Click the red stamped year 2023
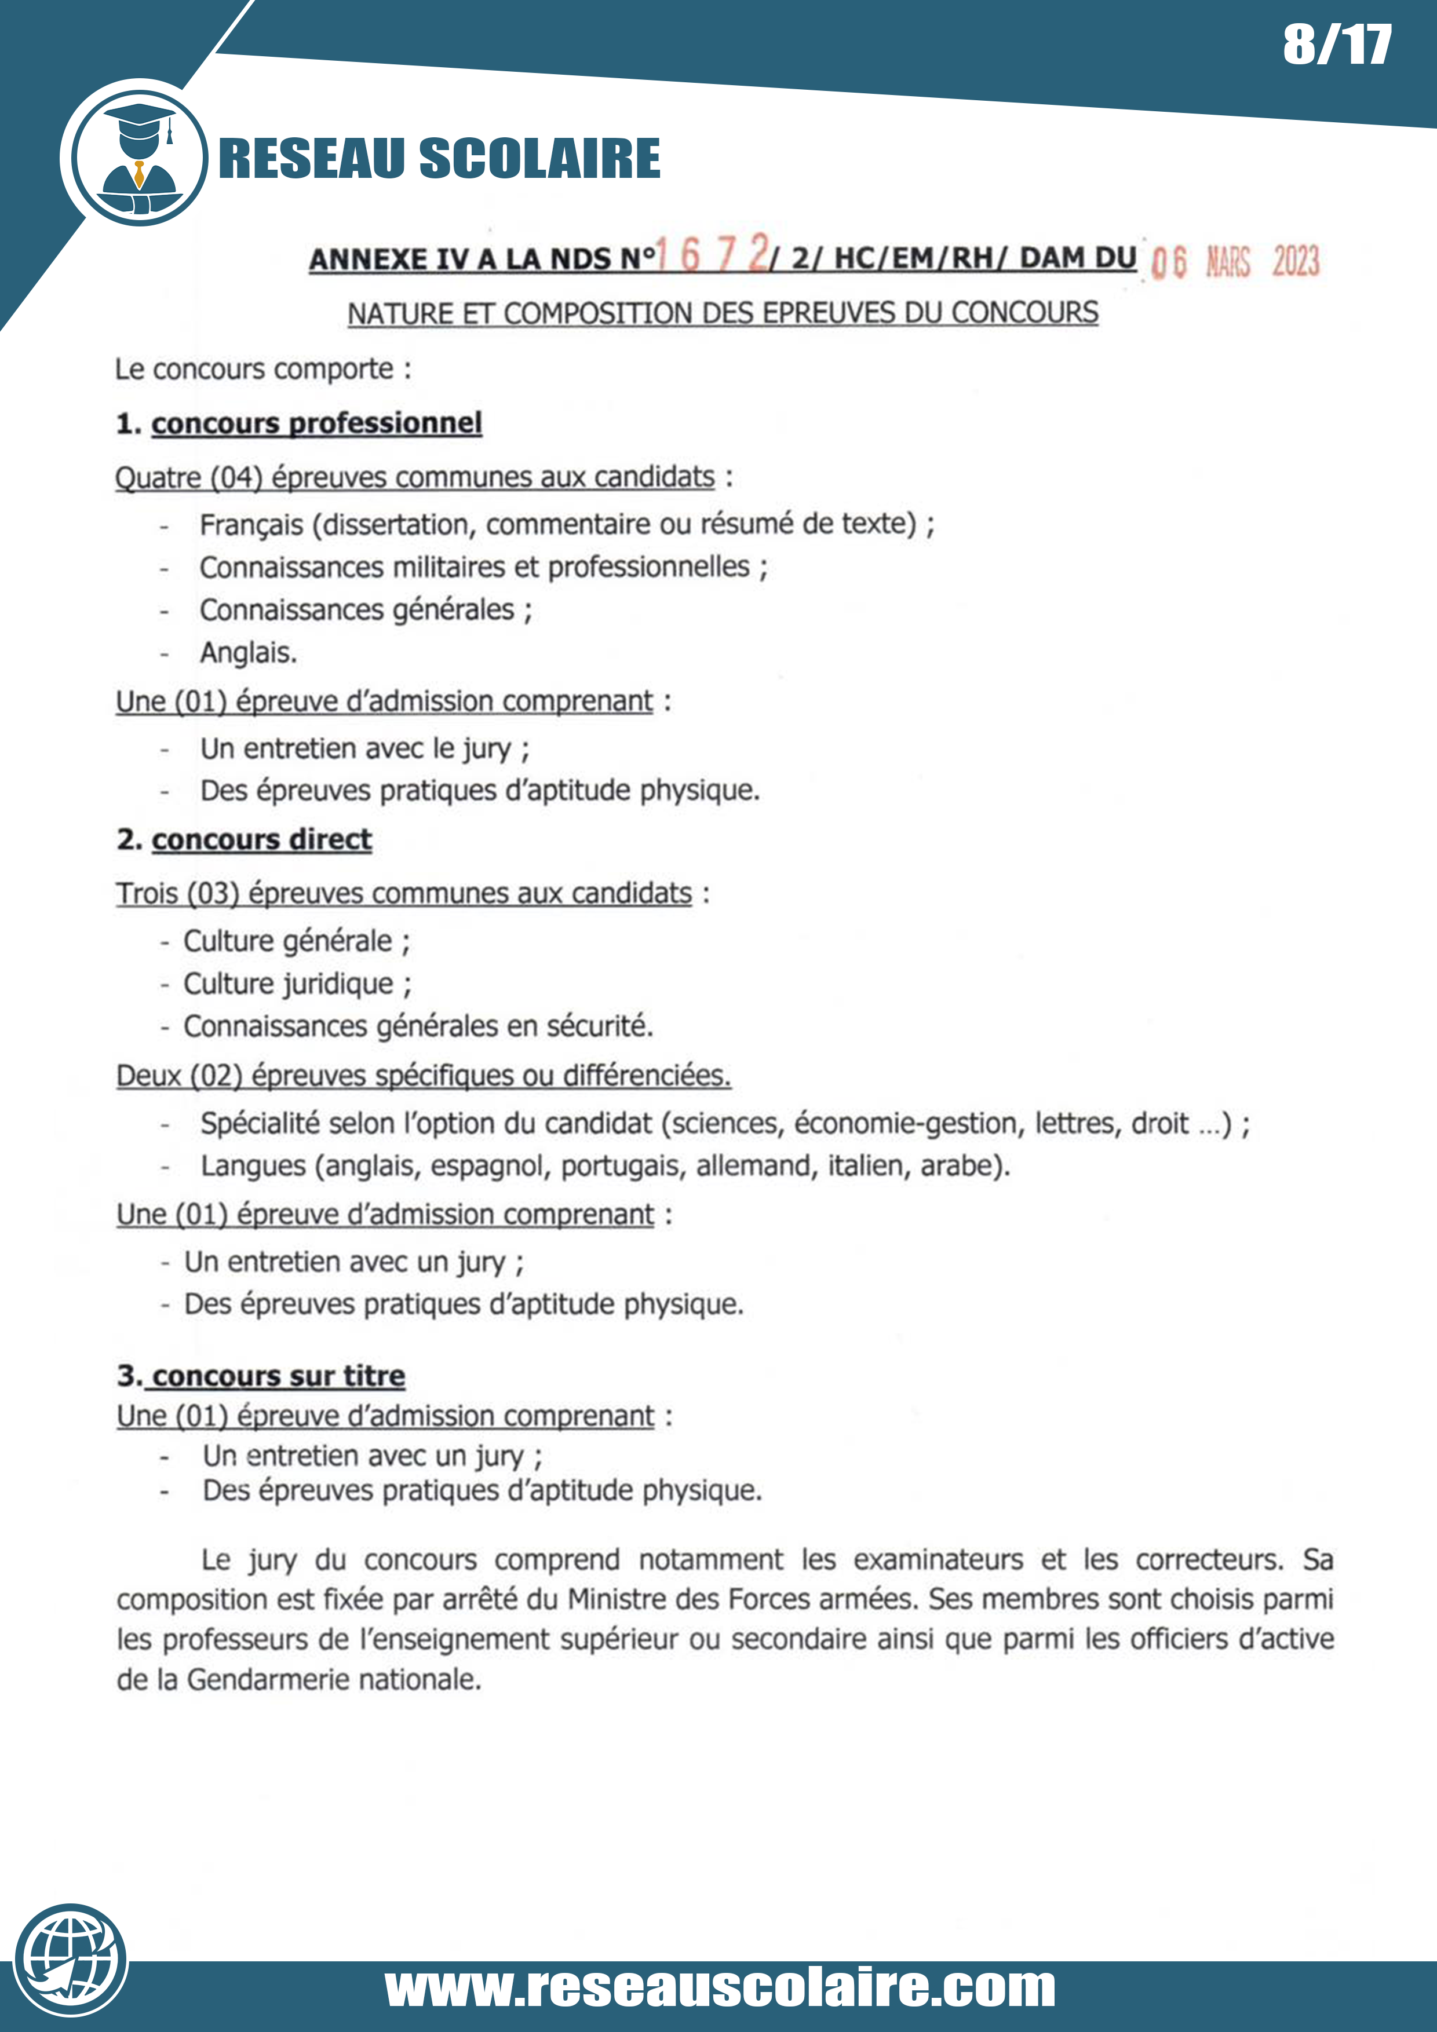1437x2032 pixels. click(x=1296, y=262)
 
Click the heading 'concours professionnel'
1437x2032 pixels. click(x=316, y=423)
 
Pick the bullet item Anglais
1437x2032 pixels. click(x=248, y=653)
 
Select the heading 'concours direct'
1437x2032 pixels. click(x=261, y=839)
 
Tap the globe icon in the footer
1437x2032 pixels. click(x=71, y=1960)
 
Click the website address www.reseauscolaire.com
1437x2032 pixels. click(x=720, y=1988)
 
